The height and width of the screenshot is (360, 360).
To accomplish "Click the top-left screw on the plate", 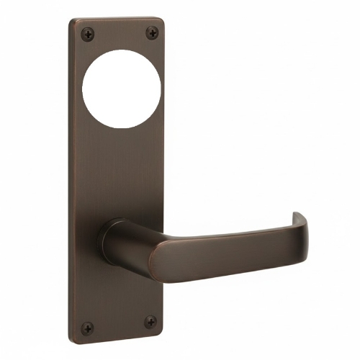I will [87, 32].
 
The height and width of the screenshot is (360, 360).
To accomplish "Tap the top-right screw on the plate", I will [151, 32].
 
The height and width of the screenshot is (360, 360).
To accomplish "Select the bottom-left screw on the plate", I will [87, 328].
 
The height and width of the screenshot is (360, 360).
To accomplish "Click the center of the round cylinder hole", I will [121, 88].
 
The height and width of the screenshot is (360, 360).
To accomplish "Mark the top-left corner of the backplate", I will [72, 20].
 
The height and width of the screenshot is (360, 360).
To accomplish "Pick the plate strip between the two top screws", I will [119, 32].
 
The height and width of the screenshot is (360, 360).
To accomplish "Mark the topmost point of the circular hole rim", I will [121, 48].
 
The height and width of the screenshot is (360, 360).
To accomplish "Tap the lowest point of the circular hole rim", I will [121, 128].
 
